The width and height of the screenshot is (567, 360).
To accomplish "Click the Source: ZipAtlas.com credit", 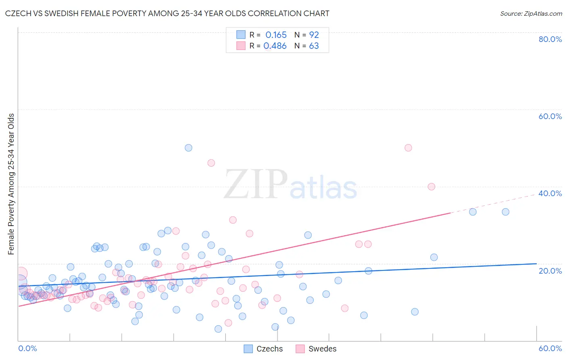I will coord(531,14).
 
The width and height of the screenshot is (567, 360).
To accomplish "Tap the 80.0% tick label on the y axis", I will coord(550,39).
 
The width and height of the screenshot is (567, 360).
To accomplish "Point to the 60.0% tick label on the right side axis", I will coord(550,116).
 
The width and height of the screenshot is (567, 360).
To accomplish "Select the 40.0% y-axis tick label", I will coord(550,193).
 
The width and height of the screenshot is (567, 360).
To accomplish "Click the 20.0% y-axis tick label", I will coord(550,271).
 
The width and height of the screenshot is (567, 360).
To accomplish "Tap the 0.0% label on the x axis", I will coord(27,348).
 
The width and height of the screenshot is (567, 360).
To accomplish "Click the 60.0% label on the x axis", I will coord(550,348).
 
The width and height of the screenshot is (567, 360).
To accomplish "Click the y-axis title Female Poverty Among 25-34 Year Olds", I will coord(11,184).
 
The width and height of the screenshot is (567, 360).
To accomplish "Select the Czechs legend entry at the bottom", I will coord(264,349).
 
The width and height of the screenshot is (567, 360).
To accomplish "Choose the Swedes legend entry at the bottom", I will coord(316,349).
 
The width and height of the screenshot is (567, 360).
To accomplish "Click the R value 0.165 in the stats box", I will coord(276,35).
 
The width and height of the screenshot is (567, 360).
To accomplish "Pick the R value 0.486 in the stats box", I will coord(275,46).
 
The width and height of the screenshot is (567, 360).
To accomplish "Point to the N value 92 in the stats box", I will coord(314,35).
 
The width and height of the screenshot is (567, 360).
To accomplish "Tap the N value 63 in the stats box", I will coord(314,46).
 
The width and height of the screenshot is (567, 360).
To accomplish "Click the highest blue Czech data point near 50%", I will coord(188,148).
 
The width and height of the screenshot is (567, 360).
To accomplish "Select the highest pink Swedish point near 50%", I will coord(408,148).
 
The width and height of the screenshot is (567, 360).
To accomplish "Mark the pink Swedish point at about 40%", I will coord(432,186).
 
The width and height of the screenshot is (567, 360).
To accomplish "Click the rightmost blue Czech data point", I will coord(505,212).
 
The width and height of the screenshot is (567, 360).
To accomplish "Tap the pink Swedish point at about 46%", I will coord(211,163).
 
